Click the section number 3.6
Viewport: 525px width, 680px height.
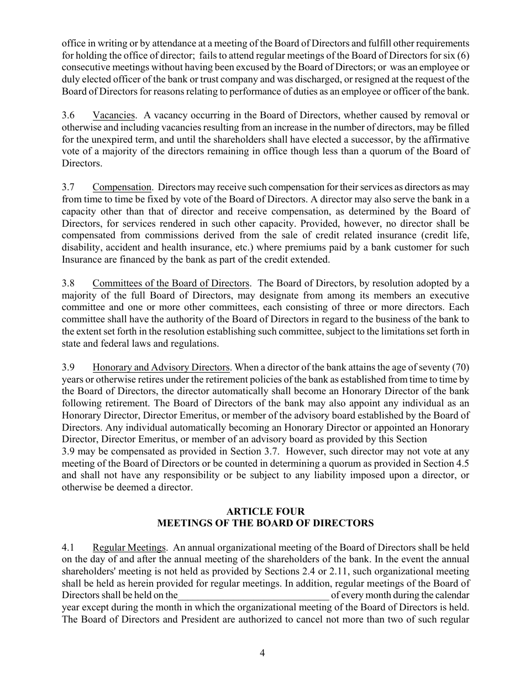pos(68,116)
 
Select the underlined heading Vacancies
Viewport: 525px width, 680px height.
pos(113,116)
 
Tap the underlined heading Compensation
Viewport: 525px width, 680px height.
pos(122,188)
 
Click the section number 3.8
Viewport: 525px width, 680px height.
pos(68,284)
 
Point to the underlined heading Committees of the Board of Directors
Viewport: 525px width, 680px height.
pos(171,284)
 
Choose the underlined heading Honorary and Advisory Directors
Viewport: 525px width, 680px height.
pos(161,368)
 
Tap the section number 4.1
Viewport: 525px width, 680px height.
pos(68,548)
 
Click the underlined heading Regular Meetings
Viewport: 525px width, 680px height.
pos(129,548)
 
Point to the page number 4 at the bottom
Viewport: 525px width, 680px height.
pos(262,653)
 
